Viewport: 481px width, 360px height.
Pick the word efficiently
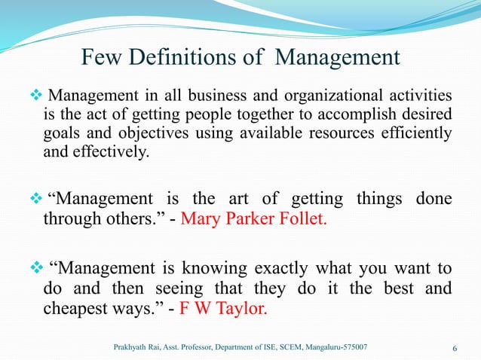pyautogui.click(x=419, y=134)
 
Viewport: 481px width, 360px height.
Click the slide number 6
pyautogui.click(x=455, y=347)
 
